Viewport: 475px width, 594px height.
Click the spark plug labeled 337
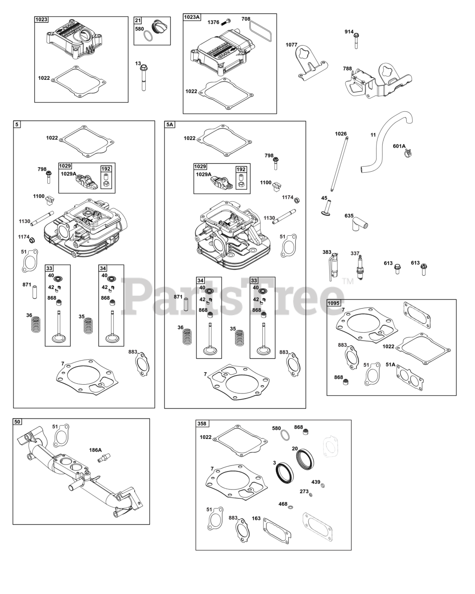point(360,268)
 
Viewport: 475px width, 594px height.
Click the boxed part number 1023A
point(192,17)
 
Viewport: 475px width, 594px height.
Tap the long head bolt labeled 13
point(143,77)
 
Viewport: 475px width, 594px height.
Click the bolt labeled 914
point(356,41)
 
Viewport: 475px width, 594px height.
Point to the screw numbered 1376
point(226,21)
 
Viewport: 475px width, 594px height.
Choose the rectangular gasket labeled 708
point(260,31)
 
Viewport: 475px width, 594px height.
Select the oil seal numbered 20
point(305,459)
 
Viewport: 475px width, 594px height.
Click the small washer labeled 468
point(290,507)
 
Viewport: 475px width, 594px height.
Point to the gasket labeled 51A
point(410,378)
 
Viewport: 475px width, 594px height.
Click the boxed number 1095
point(333,303)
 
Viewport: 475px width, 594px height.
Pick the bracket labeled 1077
point(312,62)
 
